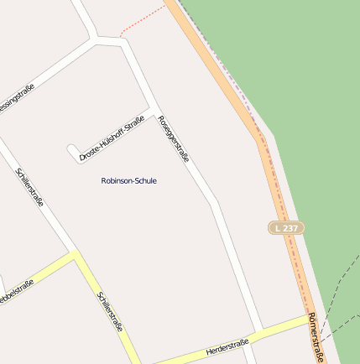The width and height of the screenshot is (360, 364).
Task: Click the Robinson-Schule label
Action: [128, 180]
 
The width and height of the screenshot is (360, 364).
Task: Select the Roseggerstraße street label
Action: [174, 139]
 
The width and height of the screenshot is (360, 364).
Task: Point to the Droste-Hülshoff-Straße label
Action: [112, 138]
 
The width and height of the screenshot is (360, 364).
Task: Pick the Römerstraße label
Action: [315, 338]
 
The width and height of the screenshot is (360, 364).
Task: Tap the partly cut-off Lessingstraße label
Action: [16, 100]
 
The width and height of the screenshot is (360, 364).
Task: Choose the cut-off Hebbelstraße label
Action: [15, 293]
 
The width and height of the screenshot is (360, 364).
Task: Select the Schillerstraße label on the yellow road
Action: [110, 311]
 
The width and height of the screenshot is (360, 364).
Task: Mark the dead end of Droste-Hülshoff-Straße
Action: [71, 151]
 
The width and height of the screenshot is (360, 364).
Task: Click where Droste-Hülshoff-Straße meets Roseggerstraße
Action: [152, 112]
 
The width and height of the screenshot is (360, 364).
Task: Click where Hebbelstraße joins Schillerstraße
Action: [76, 256]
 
